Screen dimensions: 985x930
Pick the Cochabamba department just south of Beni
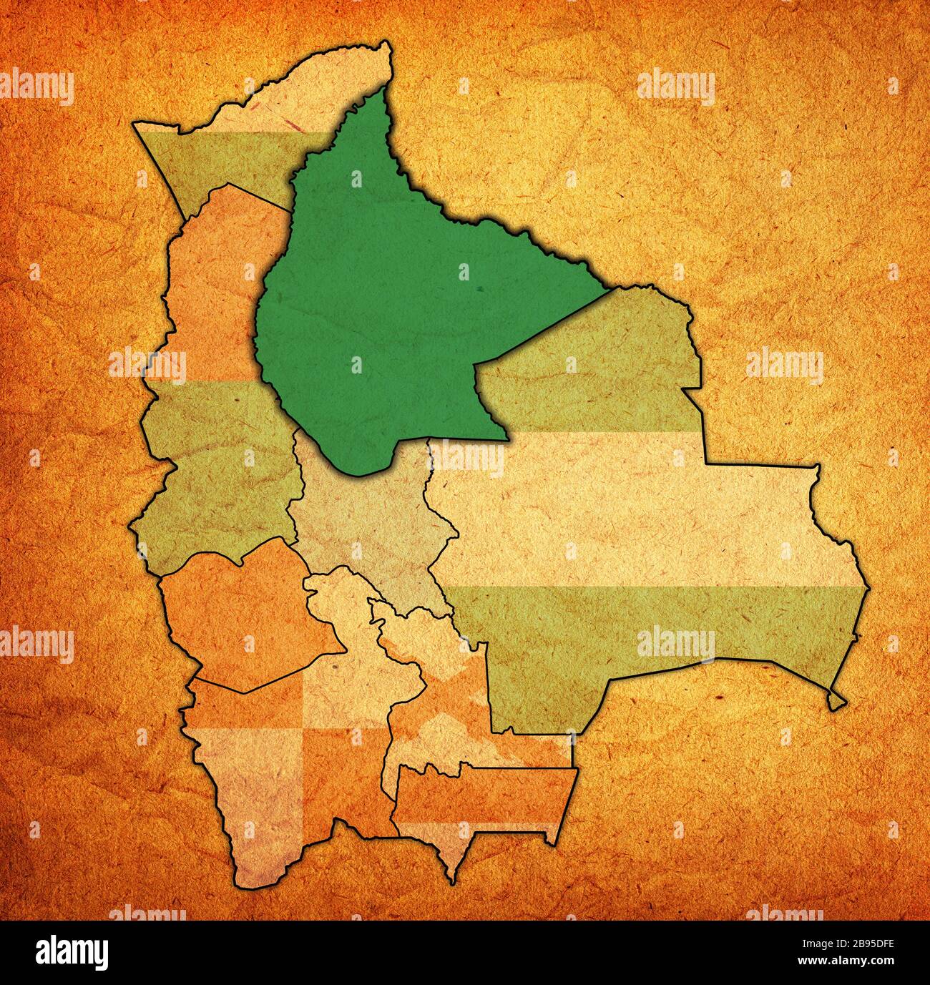(365, 522)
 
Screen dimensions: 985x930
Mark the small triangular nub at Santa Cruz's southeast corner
(836, 701)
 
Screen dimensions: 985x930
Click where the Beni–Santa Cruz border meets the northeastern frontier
(612, 290)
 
